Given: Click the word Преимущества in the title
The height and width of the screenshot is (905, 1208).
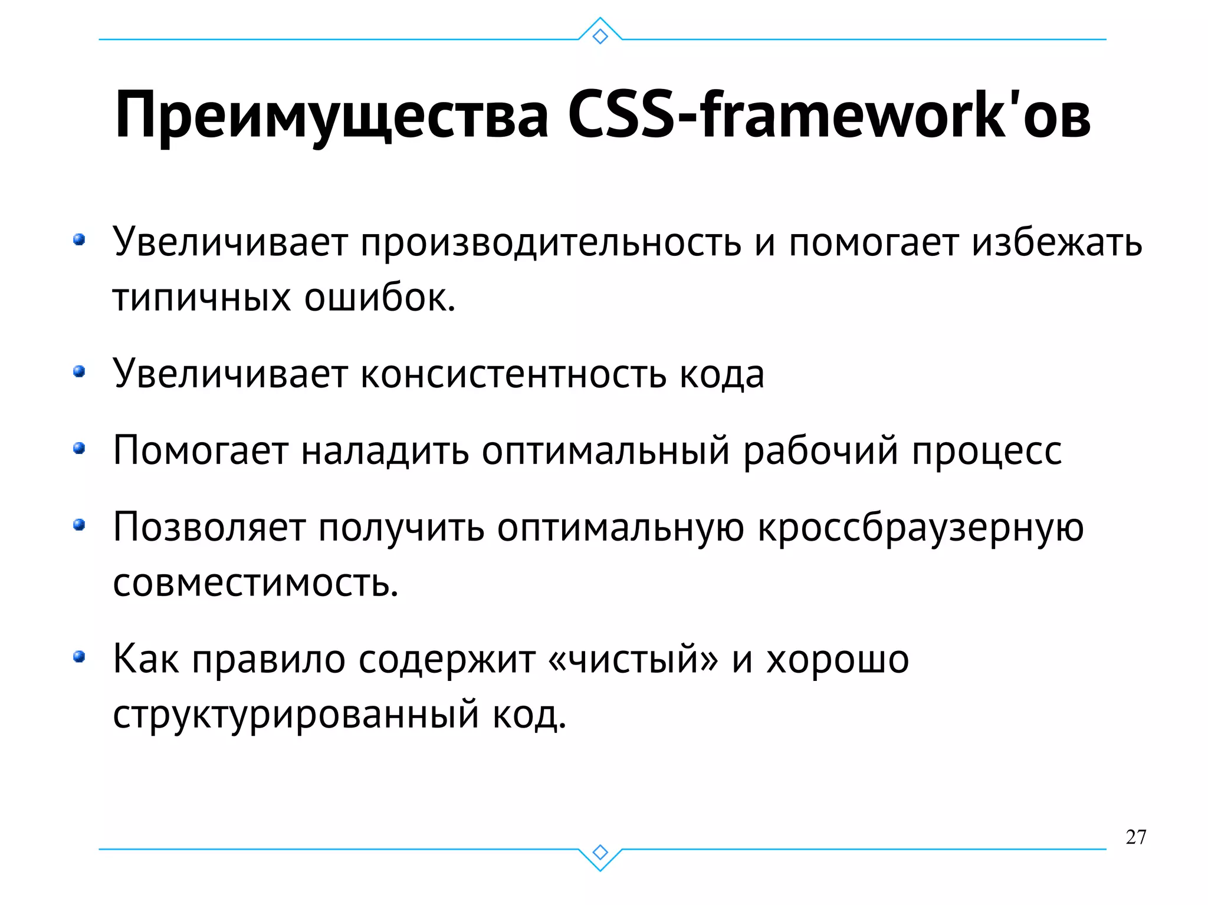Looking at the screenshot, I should tap(331, 115).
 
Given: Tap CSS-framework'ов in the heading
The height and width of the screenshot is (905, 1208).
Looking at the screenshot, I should tap(828, 115).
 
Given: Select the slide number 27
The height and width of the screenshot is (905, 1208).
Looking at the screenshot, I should tap(1135, 837).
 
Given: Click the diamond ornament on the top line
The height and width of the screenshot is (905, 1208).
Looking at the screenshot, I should tap(600, 37).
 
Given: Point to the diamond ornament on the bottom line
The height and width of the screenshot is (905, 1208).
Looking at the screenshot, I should tap(600, 852).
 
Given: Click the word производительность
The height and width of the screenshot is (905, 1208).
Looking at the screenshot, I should tap(550, 243).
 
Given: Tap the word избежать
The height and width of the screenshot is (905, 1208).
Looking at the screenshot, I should tap(1056, 243).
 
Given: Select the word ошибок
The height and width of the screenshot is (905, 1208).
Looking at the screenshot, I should tap(380, 298).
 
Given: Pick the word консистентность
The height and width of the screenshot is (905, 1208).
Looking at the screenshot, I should tap(513, 374).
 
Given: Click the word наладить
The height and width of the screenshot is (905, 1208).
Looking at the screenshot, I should tap(385, 451).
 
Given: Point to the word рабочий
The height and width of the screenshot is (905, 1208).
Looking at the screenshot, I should tap(820, 451).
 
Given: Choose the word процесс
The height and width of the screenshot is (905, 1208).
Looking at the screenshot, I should tap(987, 451).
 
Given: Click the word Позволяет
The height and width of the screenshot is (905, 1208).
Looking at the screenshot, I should tap(209, 527).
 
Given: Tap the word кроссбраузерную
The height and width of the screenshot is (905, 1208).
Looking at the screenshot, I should tap(920, 527).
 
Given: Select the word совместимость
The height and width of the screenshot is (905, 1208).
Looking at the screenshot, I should tap(255, 583).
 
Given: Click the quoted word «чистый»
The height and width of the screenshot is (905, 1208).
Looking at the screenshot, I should tap(633, 659).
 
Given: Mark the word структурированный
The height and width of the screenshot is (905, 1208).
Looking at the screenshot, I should tap(296, 715).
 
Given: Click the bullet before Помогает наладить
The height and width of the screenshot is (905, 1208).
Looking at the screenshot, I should tap(79, 449).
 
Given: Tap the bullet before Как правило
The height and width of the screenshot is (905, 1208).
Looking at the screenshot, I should tap(79, 657).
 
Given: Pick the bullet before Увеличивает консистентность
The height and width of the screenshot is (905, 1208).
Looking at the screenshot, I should tap(79, 372).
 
